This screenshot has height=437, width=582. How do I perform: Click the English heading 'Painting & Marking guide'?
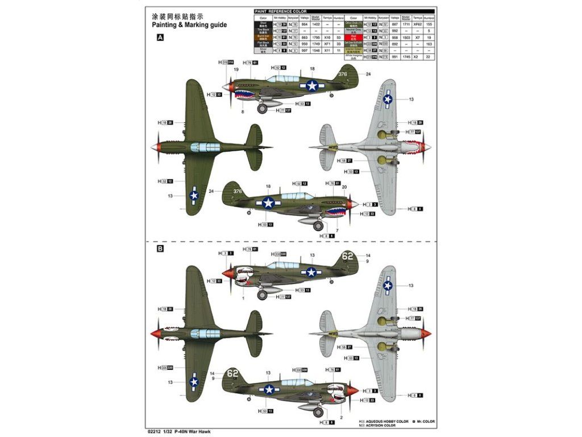coord(189,25)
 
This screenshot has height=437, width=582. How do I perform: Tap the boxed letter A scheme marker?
coord(160,38)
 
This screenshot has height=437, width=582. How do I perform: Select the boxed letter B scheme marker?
coord(160,249)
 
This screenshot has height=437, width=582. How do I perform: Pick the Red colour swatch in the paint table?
coord(355,37)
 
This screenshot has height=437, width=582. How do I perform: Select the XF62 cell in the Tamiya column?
coord(418,24)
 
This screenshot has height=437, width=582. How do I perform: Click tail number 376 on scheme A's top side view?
coord(342,74)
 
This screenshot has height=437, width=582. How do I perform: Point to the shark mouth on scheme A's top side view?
coord(246,93)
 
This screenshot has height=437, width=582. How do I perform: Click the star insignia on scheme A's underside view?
coord(388,100)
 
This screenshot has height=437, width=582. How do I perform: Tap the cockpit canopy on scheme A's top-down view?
coord(205,147)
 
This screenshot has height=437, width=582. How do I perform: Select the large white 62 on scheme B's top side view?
coord(347,256)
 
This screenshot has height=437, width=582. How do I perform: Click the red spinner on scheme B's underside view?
coord(426,334)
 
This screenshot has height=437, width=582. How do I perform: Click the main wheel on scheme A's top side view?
coord(262,109)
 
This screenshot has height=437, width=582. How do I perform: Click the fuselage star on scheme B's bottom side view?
coord(269,389)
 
